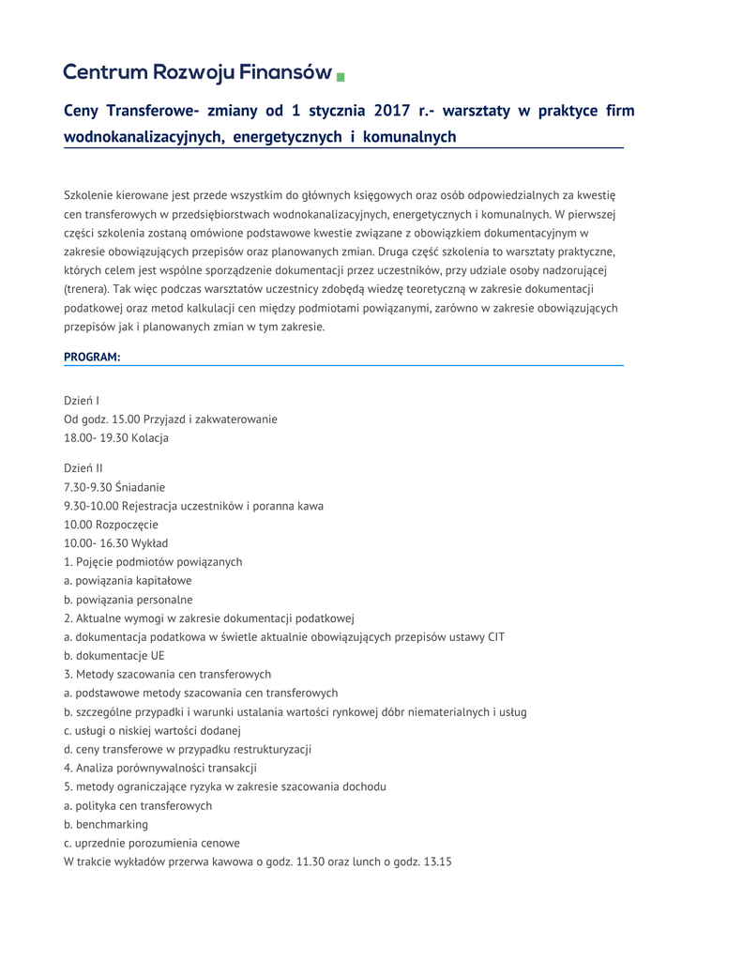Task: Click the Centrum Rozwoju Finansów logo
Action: [x=198, y=72]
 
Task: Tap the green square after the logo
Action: [x=341, y=75]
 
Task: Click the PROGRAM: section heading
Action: [x=92, y=357]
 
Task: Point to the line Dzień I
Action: [x=82, y=401]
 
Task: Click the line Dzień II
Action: [x=83, y=467]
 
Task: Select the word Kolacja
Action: [x=150, y=438]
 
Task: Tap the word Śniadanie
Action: [x=140, y=486]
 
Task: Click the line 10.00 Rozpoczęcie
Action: [x=111, y=524]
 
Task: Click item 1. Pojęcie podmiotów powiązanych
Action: [x=153, y=561]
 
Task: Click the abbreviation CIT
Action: [x=494, y=636]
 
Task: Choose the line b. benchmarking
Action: [x=106, y=824]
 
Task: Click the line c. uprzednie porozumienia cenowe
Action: [x=152, y=843]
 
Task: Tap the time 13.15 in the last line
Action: [x=437, y=862]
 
